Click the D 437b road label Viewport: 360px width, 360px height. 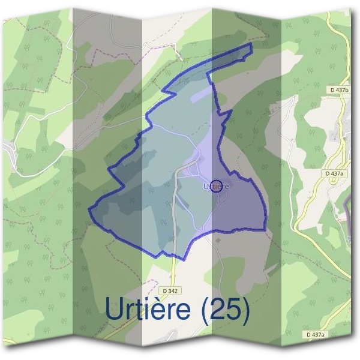coord(339,90)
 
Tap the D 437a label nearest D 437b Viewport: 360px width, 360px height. coord(334,173)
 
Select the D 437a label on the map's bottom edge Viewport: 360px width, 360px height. coord(314,334)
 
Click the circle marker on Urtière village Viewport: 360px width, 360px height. coord(217,186)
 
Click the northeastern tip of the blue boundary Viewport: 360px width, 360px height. coord(251,45)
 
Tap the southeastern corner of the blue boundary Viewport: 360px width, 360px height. coord(265,229)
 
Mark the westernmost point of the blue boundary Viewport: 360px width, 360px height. coord(89,211)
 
